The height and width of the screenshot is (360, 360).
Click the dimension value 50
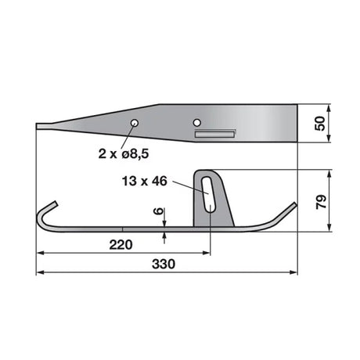pos(320,124)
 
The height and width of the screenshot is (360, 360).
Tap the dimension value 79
pos(321,201)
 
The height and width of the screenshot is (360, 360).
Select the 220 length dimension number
pos(121,245)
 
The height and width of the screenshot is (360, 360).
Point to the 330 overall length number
pos(164,264)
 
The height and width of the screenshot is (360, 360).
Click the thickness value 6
pos(159,211)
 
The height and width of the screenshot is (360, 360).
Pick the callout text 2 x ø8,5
pos(124,153)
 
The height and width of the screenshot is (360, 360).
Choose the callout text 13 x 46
pos(145,181)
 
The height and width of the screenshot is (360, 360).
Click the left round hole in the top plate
pos(135,123)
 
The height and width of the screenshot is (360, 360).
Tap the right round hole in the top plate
pos(197,122)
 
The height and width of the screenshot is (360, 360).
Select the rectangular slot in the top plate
pos(215,134)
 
